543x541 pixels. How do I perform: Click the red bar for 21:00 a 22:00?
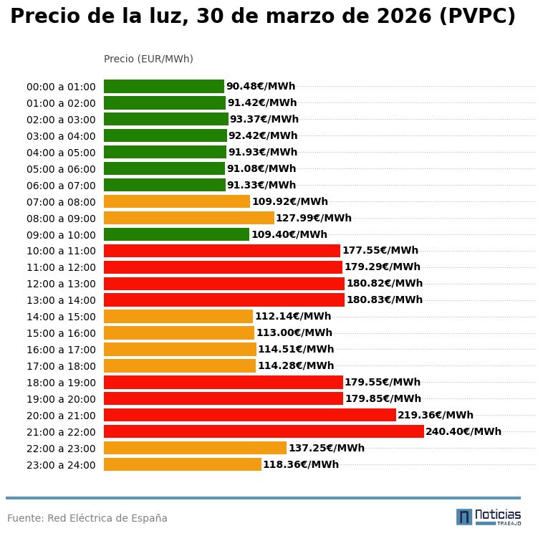[x=264, y=431]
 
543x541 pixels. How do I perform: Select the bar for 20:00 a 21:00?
[x=249, y=415]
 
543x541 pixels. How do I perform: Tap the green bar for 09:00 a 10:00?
[x=176, y=234]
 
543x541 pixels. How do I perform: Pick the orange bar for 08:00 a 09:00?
[x=189, y=218]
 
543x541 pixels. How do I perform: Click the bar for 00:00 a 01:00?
[x=164, y=87]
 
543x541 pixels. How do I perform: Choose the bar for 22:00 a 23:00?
[x=195, y=448]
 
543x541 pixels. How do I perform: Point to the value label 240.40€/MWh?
[x=463, y=431]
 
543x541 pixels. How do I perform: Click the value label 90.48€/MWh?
[x=261, y=87]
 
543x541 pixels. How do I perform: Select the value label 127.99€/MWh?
[x=314, y=218]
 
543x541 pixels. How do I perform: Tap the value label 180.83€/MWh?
[x=385, y=300]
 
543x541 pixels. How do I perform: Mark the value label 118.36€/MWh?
[x=301, y=464]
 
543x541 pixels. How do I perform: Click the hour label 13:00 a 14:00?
[x=61, y=300]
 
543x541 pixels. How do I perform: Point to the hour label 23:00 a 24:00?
[x=61, y=465]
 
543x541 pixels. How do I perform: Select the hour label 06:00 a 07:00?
[x=61, y=186]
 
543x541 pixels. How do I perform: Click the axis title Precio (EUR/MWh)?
[x=148, y=59]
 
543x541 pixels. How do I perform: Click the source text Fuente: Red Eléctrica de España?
[x=87, y=518]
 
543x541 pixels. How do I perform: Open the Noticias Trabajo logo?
[x=489, y=517]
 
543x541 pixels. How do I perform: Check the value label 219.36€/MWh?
[x=436, y=415]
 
